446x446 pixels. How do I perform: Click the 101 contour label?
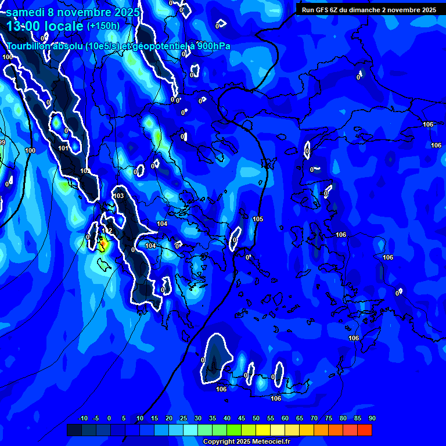click(x=64, y=148)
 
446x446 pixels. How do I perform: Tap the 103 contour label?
click(x=118, y=196)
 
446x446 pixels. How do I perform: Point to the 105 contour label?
click(x=258, y=219)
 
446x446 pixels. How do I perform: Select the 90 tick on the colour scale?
click(x=372, y=418)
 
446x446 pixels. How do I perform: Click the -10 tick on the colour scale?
click(x=82, y=418)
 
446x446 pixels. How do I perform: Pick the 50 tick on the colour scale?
click(x=256, y=418)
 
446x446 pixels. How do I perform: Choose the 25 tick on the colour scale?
click(x=184, y=418)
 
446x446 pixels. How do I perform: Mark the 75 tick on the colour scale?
click(x=329, y=418)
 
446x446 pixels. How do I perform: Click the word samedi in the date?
click(x=27, y=12)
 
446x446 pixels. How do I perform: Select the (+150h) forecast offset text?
click(x=103, y=26)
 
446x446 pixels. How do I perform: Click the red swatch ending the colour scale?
click(x=365, y=430)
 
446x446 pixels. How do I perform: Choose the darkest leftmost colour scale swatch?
click(x=74, y=430)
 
